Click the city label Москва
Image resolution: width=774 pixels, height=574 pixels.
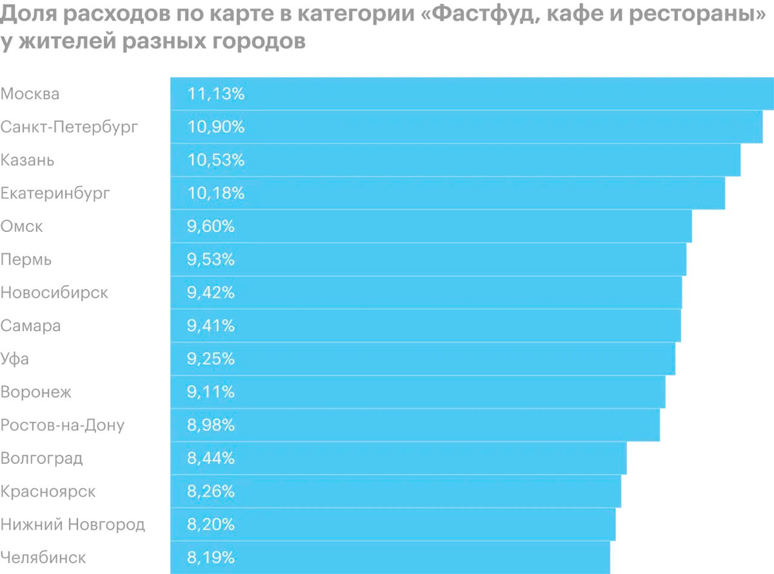pos(30,94)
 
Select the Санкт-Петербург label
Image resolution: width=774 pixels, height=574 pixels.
pos(70,127)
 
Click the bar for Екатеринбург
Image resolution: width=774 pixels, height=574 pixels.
pos(447,193)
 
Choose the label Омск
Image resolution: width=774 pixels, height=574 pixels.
pos(22,227)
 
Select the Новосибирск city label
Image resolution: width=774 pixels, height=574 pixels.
pos(54,293)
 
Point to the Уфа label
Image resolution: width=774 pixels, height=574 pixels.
pos(15,360)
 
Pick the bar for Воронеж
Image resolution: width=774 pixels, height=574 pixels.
pos(417,392)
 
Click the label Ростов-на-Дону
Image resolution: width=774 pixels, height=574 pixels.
pos(62,425)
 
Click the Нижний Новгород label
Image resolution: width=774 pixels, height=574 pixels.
pos(73,524)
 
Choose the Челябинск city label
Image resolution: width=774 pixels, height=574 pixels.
pos(44,558)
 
